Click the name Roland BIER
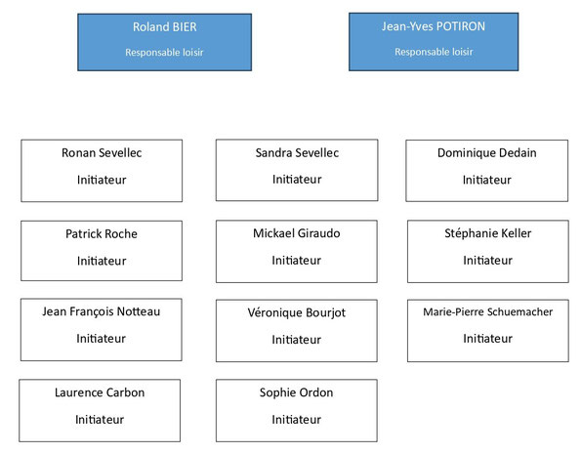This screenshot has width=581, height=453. click(164, 27)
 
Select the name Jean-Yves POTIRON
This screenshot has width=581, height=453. click(434, 26)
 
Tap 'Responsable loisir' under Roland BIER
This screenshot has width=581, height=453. click(164, 53)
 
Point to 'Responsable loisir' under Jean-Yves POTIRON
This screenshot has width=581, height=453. click(434, 52)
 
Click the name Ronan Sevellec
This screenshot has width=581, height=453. click(102, 152)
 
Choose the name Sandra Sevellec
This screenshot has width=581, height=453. click(297, 152)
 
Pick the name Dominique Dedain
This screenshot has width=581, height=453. click(487, 152)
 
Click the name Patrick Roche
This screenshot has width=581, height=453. click(102, 233)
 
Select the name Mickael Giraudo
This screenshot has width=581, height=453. click(297, 233)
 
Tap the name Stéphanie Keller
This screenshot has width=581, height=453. click(487, 233)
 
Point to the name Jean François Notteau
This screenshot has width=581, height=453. click(102, 311)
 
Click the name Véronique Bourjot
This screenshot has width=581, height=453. click(297, 312)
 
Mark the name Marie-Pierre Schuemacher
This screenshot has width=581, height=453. click(487, 311)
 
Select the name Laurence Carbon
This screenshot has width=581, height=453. click(100, 392)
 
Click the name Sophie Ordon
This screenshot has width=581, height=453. click(296, 392)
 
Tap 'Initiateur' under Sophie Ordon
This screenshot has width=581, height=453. click(296, 419)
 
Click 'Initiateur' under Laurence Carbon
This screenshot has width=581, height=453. click(100, 419)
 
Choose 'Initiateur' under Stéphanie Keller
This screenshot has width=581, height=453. click(487, 260)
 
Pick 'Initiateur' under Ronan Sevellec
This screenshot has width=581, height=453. click(102, 180)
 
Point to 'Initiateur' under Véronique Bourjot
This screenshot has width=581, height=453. click(296, 340)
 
